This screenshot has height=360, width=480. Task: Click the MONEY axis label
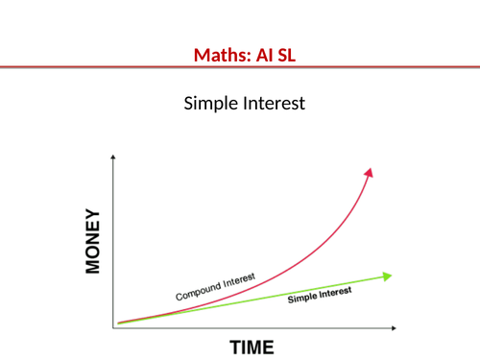(93, 241)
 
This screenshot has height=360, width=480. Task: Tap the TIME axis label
(251, 347)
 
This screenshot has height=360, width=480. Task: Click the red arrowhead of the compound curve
(369, 171)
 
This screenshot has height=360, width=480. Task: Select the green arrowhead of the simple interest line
(387, 276)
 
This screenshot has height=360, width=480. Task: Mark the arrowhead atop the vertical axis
(114, 157)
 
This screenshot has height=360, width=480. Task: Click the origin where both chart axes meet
(114, 327)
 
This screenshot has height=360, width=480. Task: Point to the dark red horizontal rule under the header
(240, 67)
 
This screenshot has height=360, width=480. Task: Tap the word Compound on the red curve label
(196, 292)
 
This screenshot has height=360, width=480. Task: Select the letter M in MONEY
(93, 266)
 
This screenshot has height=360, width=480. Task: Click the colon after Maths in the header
(236, 57)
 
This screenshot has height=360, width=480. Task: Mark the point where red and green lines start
(119, 324)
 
